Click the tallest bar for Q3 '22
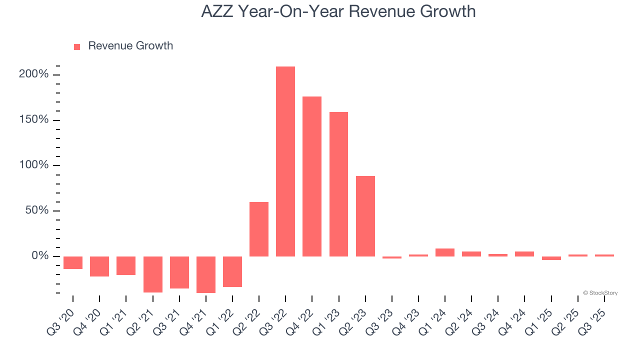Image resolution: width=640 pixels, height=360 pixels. point(285,161)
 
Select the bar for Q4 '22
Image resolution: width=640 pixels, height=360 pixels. point(312,176)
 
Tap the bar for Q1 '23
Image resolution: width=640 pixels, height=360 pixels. point(338,184)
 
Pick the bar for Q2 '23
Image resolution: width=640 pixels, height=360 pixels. point(365,216)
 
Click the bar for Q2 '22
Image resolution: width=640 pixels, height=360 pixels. point(259,229)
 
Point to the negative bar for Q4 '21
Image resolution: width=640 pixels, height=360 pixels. point(206,274)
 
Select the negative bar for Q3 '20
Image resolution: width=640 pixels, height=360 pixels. point(73,262)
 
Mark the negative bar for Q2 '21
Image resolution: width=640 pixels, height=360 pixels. point(153,274)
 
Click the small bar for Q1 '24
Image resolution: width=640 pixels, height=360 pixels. point(445,252)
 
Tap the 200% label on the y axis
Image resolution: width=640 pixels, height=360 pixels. point(34,74)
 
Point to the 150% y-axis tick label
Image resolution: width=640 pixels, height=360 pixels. point(34,120)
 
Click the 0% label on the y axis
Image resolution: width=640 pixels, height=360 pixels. point(40,256)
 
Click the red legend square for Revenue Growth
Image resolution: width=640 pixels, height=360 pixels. point(77,47)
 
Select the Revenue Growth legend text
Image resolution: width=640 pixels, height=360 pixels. point(130,46)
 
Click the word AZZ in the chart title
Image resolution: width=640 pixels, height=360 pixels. point(217,11)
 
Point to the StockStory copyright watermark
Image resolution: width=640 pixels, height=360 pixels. point(600,293)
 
